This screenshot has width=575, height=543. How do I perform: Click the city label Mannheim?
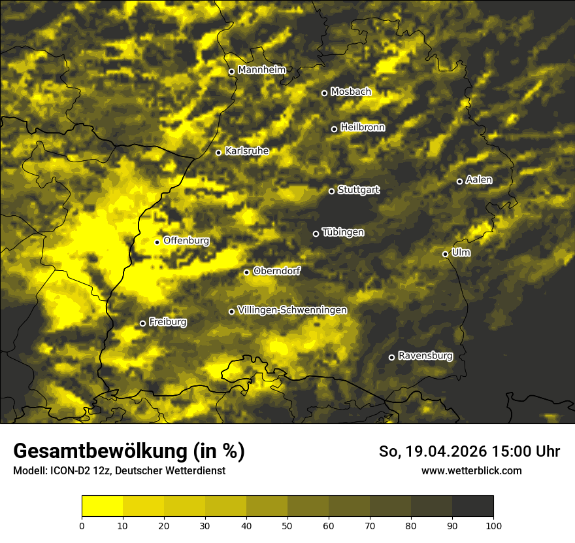(x=262, y=70)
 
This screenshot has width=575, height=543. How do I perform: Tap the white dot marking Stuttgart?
(x=331, y=191)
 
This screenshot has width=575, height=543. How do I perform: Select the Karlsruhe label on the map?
(x=247, y=151)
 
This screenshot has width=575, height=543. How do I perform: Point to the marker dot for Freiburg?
(x=142, y=323)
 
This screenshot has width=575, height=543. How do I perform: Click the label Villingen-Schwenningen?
(x=292, y=310)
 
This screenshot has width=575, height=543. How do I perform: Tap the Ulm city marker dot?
(x=445, y=254)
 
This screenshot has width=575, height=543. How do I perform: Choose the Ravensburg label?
(x=425, y=356)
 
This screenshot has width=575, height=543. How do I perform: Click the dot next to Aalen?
(x=459, y=181)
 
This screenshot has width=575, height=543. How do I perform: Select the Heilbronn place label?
(x=363, y=128)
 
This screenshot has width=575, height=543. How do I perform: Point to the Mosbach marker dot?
(x=324, y=93)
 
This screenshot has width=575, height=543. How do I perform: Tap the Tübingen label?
(x=343, y=232)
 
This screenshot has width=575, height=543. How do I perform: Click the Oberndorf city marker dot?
(x=246, y=272)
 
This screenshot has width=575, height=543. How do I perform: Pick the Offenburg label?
(x=186, y=241)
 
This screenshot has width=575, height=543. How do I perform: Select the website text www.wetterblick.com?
(x=471, y=470)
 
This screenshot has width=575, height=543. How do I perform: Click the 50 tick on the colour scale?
(x=287, y=525)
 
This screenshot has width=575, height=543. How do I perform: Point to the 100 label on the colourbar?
(x=493, y=525)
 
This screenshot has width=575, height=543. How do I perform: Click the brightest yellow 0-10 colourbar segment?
(x=103, y=506)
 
